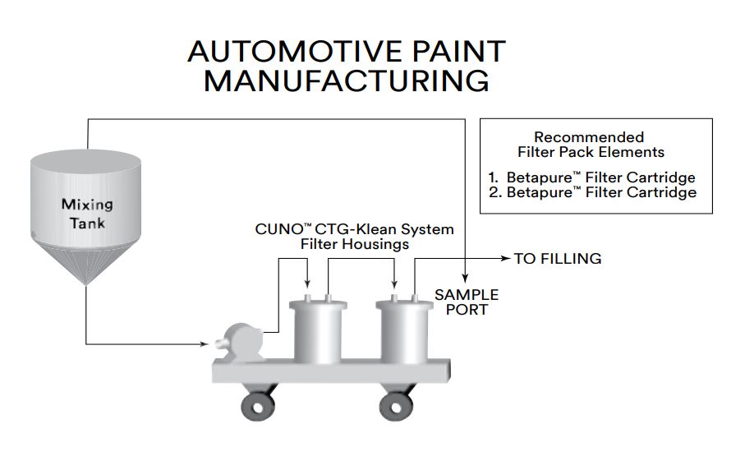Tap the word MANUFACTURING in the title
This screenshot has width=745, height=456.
346,82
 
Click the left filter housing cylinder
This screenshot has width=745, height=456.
317,332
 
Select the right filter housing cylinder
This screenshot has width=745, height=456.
404,332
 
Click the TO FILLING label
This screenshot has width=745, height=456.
558,259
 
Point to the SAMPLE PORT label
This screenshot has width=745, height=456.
467,302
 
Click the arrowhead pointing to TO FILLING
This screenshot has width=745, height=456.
504,259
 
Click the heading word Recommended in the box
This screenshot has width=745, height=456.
589,137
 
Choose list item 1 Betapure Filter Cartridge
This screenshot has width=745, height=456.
599,177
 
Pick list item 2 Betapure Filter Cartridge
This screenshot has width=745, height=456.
599,193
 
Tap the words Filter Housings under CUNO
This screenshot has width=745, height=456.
353,244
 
